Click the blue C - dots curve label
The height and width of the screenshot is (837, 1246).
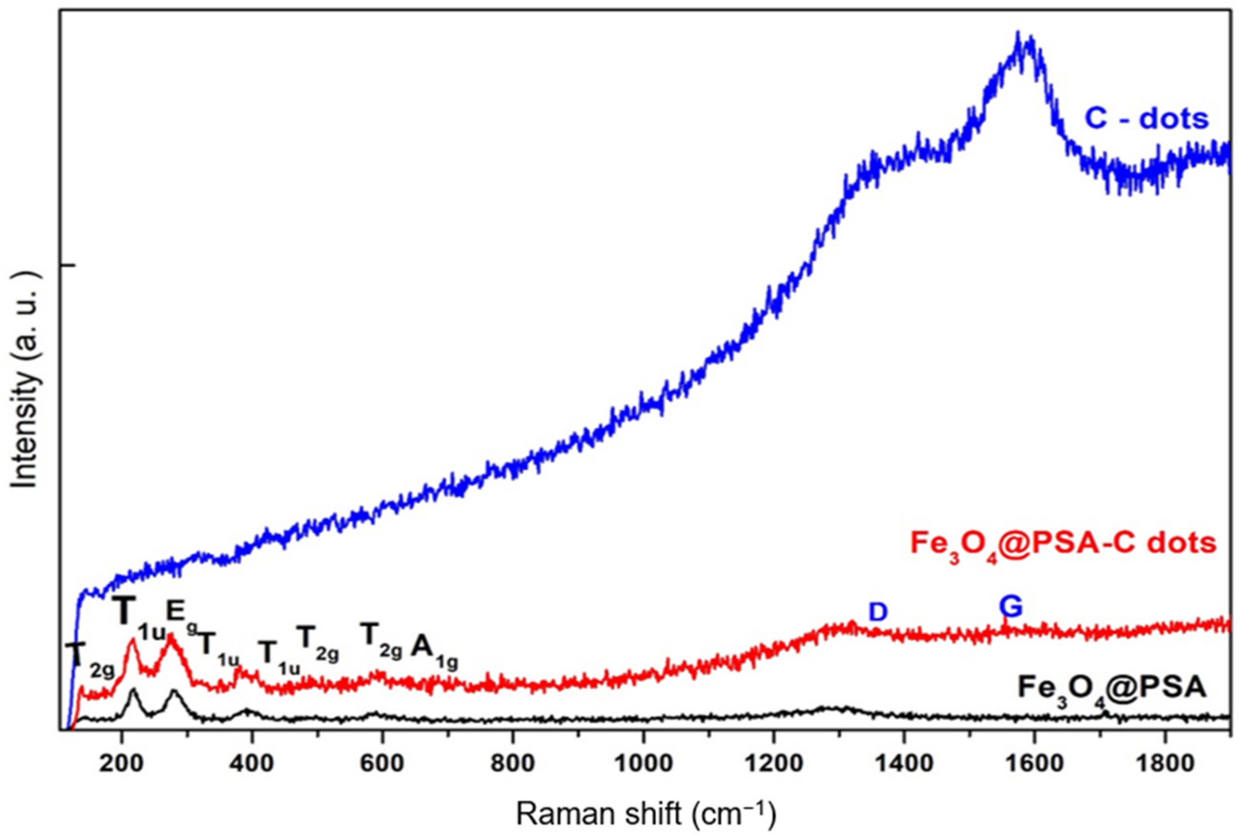pyautogui.click(x=1147, y=119)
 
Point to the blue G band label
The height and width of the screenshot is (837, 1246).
pyautogui.click(x=1011, y=607)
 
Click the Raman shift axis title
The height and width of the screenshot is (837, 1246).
pyautogui.click(x=646, y=814)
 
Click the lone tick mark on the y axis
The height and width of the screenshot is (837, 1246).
pyautogui.click(x=68, y=265)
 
